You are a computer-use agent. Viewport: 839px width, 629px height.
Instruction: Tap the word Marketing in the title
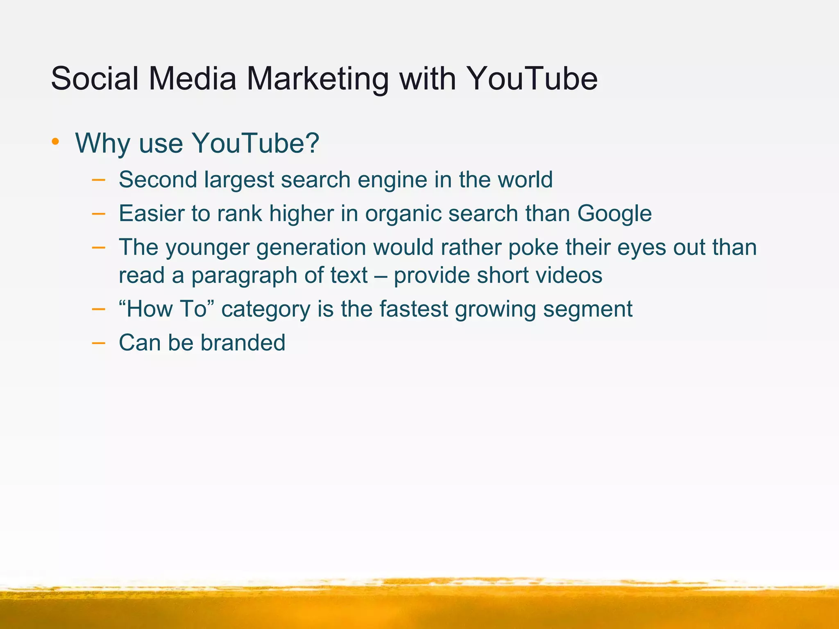coord(317,79)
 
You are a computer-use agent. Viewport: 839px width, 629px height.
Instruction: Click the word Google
coord(615,214)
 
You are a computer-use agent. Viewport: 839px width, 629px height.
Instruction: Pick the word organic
coord(403,214)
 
